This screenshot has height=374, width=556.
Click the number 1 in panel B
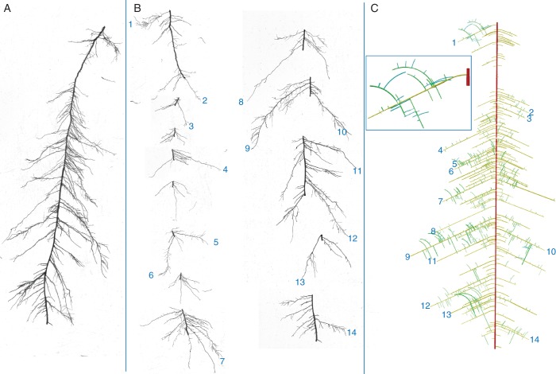click(x=129, y=25)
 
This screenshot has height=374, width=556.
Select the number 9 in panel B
click(x=247, y=148)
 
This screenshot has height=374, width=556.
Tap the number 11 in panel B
click(x=357, y=171)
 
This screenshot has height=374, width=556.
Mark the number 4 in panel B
click(x=226, y=169)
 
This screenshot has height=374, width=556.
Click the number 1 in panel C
click(x=454, y=42)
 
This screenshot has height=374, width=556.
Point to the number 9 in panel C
click(x=407, y=256)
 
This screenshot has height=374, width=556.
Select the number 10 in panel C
click(x=550, y=251)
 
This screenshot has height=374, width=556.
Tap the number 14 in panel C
click(x=534, y=340)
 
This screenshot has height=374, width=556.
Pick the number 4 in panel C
click(x=439, y=150)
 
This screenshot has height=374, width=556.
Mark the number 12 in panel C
click(x=425, y=306)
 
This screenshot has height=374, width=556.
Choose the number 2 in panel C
click(x=531, y=112)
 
